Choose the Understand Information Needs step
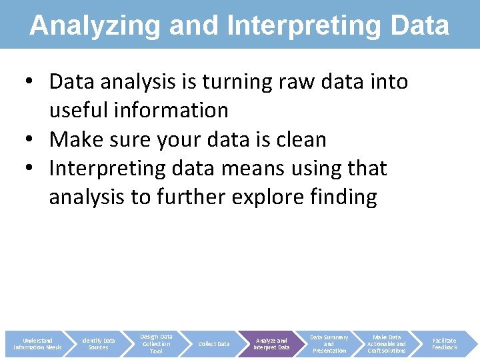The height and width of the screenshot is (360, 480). coord(37,344)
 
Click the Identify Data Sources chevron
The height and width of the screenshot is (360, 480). coord(98,344)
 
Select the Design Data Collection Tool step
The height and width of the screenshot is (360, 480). coord(156,344)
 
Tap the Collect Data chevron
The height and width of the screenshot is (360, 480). coord(214,344)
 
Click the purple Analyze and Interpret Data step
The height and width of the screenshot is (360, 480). coord(271,344)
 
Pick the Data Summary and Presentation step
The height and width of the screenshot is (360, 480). coord(329,344)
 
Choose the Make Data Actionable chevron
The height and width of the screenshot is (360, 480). coord(387,344)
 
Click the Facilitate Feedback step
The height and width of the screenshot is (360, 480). coord(445,344)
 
